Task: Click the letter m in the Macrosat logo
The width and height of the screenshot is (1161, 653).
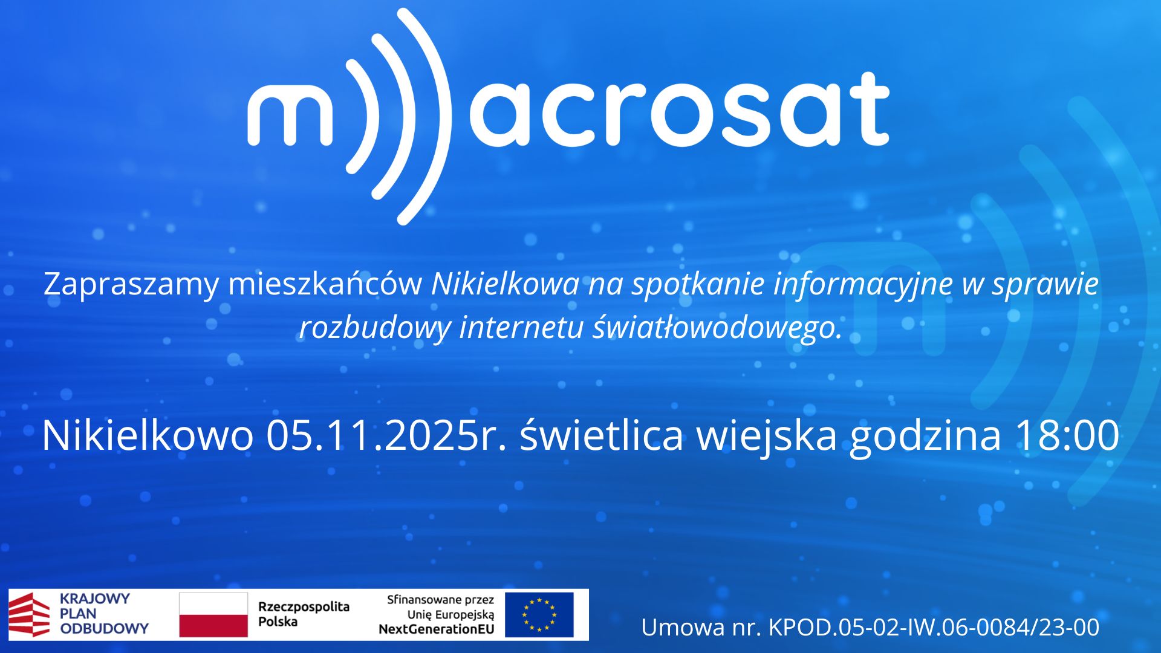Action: pyautogui.click(x=290, y=115)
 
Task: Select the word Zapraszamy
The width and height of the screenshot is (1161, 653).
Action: pyautogui.click(x=131, y=284)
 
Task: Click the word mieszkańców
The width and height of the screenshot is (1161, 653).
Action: pyautogui.click(x=325, y=283)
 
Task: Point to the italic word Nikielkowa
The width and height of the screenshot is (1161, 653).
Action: pyautogui.click(x=505, y=284)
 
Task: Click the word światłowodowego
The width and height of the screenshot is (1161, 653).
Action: pyautogui.click(x=717, y=328)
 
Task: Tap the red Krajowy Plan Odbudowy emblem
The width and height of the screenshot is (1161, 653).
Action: pyautogui.click(x=29, y=614)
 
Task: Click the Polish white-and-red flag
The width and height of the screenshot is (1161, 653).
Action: pyautogui.click(x=213, y=614)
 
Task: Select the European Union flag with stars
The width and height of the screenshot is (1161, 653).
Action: pyautogui.click(x=539, y=614)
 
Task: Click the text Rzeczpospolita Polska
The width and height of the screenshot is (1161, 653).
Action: pyautogui.click(x=304, y=614)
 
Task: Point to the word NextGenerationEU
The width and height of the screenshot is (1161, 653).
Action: pyautogui.click(x=436, y=629)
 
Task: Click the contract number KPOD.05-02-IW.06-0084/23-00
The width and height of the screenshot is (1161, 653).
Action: pyautogui.click(x=934, y=627)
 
